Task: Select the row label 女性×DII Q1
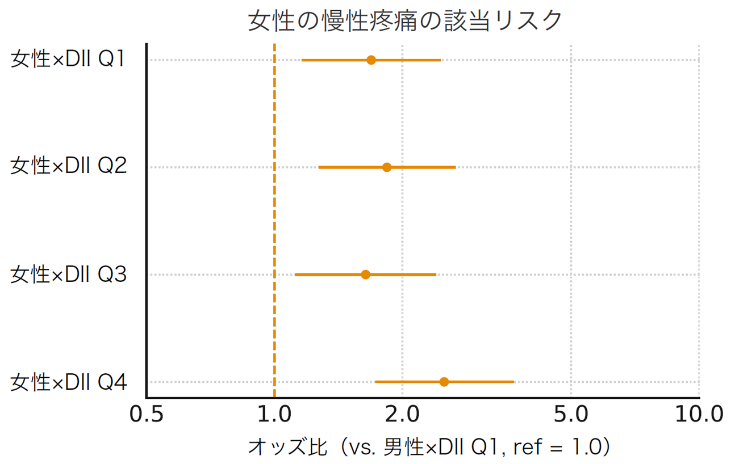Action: (68, 60)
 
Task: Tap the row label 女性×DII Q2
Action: (68, 167)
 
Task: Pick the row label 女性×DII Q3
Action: (68, 275)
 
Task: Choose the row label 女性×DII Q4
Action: (68, 382)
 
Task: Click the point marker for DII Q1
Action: (371, 60)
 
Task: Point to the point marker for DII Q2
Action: (387, 167)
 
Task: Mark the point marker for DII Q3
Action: (366, 275)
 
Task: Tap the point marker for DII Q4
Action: (444, 382)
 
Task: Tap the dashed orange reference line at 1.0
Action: (274, 221)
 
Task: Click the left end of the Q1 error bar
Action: (302, 60)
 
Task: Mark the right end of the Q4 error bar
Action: (513, 382)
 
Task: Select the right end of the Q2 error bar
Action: (455, 167)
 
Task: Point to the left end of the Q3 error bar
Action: (295, 275)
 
